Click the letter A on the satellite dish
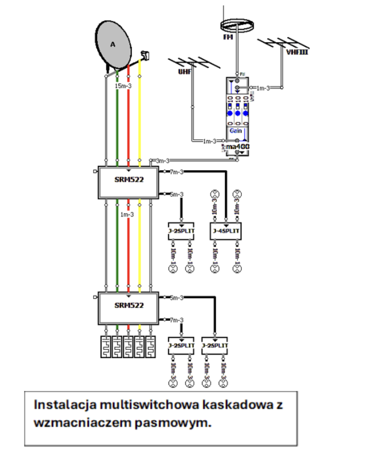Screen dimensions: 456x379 point(113,44)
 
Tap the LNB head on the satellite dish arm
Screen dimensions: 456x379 point(145,55)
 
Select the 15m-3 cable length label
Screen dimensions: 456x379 point(123,86)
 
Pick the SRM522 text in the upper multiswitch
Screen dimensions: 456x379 point(129,180)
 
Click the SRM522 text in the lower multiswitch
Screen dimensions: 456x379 point(129,306)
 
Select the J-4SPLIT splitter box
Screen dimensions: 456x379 point(225,231)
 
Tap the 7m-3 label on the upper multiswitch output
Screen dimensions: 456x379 point(177,172)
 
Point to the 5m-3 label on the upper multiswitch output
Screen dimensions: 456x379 point(177,195)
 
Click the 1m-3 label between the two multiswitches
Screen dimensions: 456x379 point(127,214)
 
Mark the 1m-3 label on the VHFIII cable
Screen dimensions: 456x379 point(263,88)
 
